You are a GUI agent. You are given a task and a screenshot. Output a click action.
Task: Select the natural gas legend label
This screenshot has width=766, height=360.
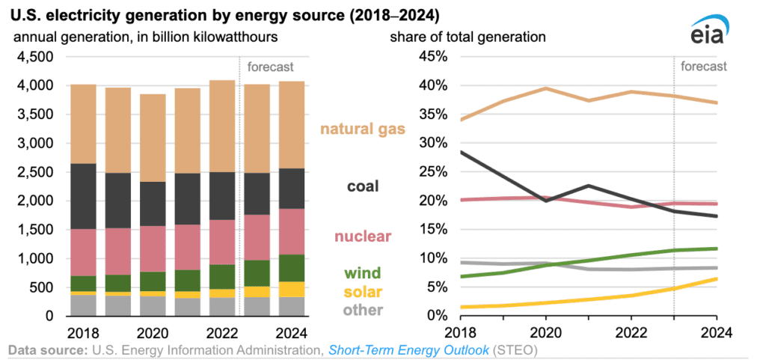pos(363,129)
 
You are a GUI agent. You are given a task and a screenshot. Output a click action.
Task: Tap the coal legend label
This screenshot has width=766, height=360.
pos(363,186)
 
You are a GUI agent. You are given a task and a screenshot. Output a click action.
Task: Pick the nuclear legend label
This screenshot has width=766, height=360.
pos(363,237)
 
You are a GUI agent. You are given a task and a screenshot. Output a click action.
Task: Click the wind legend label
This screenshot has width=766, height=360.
pos(363,273)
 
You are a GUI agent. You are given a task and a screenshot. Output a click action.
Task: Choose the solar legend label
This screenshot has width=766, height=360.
pos(363,291)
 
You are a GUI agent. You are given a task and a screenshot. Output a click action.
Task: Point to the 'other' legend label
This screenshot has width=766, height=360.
pos(363,309)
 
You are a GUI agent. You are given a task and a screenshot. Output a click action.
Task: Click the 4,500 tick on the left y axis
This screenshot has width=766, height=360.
pos(34,57)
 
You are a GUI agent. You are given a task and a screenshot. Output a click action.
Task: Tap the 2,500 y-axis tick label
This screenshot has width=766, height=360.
pos(34,172)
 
